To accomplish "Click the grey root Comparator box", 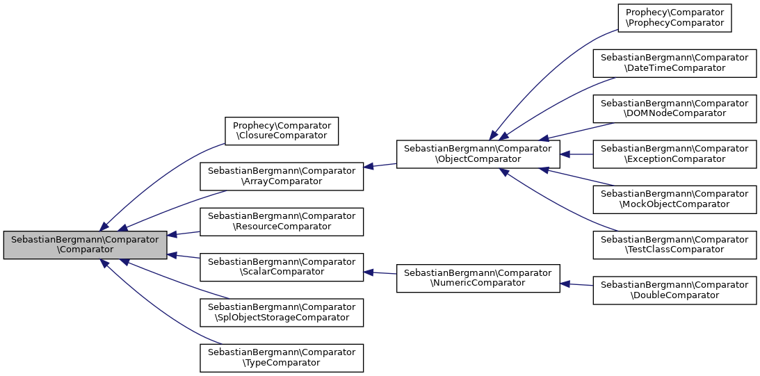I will pyautogui.click(x=86, y=245).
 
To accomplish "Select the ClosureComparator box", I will pyautogui.click(x=281, y=131).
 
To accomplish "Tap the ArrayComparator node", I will pyautogui.click(x=282, y=177).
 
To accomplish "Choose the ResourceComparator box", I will pyautogui.click(x=282, y=221).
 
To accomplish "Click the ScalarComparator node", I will pyautogui.click(x=282, y=267).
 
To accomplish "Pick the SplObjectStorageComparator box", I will pyautogui.click(x=282, y=312).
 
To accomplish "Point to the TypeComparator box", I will pyautogui.click(x=282, y=357).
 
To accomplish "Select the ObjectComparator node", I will pyautogui.click(x=478, y=154).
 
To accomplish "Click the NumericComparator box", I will pyautogui.click(x=478, y=278).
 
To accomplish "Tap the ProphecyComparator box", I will pyautogui.click(x=674, y=18).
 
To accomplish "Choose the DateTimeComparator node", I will pyautogui.click(x=674, y=63).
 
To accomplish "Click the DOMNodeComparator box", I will pyautogui.click(x=674, y=108).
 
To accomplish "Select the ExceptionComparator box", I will pyautogui.click(x=674, y=154).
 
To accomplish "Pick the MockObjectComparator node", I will pyautogui.click(x=674, y=199).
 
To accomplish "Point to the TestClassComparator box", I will pyautogui.click(x=674, y=244).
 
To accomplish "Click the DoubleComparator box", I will pyautogui.click(x=674, y=290).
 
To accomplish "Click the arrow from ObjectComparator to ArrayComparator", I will pyautogui.click(x=380, y=165).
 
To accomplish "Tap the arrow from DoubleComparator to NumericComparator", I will pyautogui.click(x=576, y=284).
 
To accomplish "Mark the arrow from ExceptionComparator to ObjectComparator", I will pyautogui.click(x=576, y=154).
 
